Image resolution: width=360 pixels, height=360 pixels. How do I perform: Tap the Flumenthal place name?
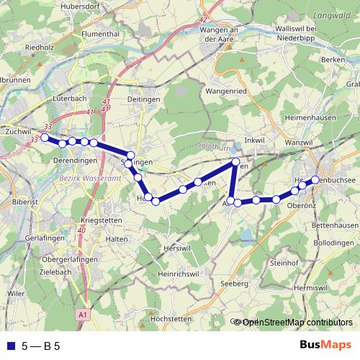(x=101, y=32)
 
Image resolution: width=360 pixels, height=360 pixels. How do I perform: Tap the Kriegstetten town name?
(x=105, y=218)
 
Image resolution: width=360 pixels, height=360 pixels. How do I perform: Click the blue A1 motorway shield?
(x=83, y=315)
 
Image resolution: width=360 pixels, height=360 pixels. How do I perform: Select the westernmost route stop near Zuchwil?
(x=44, y=137)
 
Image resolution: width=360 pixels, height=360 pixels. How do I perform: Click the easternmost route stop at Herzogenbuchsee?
(x=315, y=179)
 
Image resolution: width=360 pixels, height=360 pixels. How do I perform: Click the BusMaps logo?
(x=325, y=345)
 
